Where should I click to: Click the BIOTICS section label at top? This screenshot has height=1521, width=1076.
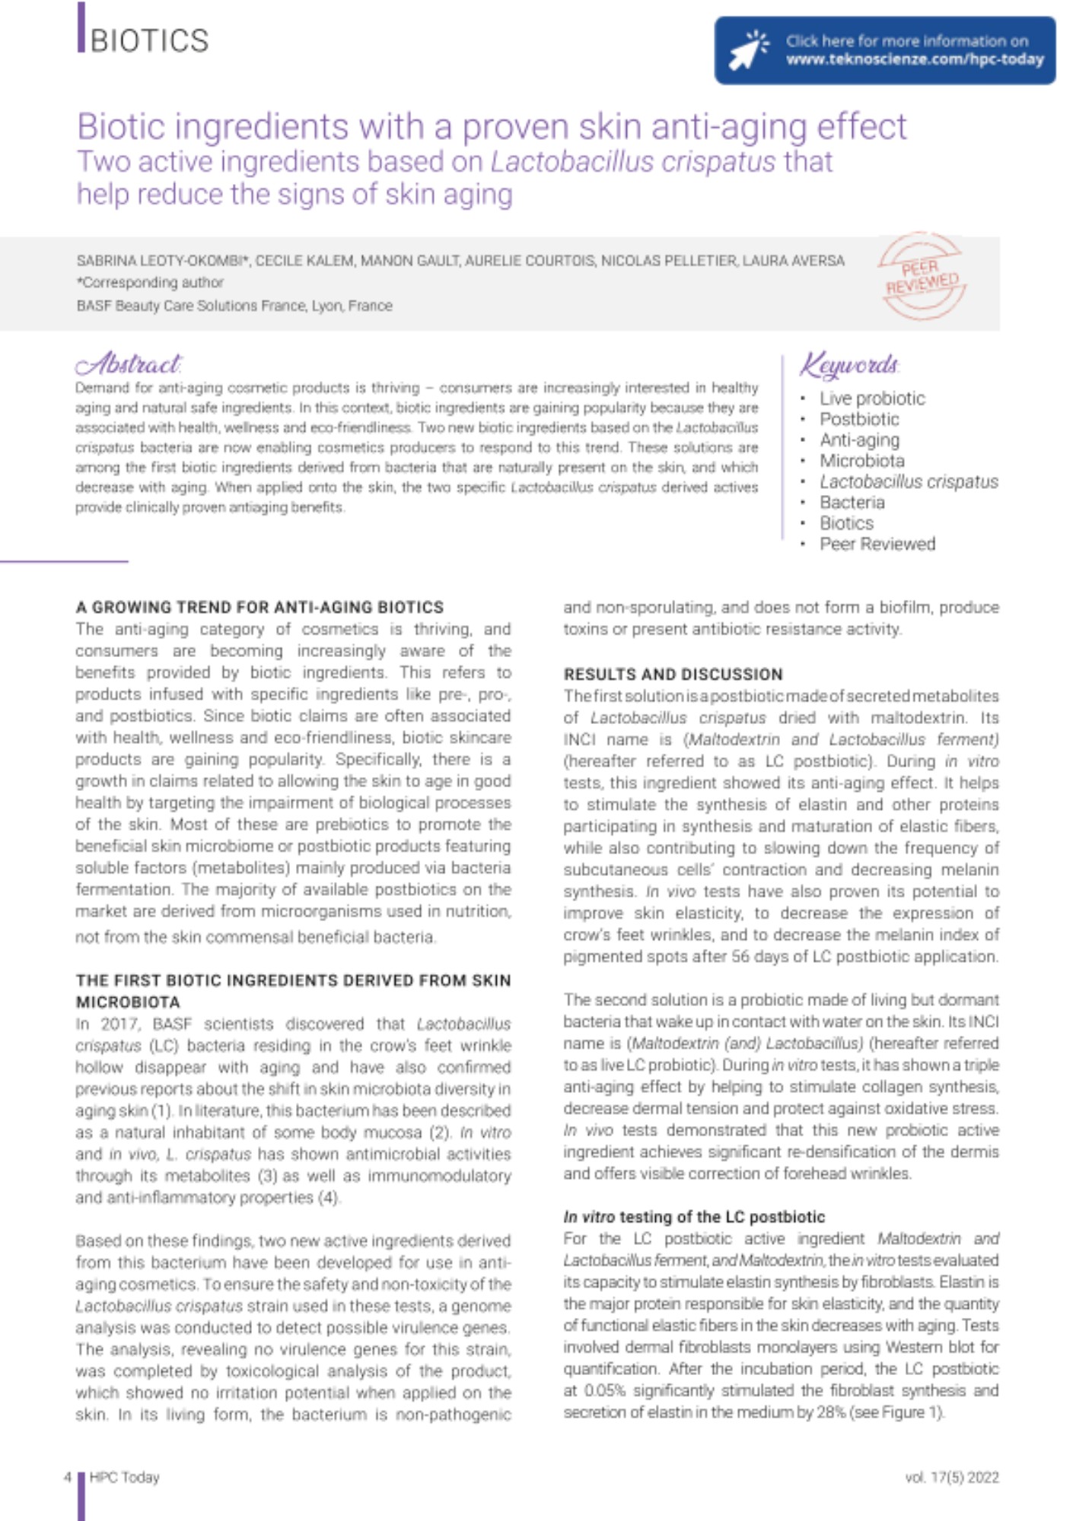149,40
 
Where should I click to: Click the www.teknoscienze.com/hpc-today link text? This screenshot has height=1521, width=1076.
914,59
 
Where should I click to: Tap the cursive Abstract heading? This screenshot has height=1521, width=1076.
129,365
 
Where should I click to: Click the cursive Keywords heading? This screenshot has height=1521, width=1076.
849,365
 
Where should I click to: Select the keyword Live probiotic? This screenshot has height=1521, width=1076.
871,399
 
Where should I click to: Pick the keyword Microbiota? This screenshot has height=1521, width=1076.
861,461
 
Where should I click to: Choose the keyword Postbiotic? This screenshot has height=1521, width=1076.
859,419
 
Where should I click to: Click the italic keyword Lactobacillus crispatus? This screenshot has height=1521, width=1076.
909,482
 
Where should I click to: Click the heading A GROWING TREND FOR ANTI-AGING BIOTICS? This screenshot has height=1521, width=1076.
259,607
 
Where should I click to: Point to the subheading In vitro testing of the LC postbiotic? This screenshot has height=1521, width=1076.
694,1217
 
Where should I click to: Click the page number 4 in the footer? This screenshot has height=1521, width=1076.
68,1477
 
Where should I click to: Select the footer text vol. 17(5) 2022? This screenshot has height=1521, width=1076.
951,1477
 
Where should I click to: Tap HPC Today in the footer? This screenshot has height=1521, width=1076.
124,1477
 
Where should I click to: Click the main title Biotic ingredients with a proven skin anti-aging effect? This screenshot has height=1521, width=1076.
492,126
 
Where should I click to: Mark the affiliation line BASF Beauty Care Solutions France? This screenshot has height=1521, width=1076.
234,306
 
